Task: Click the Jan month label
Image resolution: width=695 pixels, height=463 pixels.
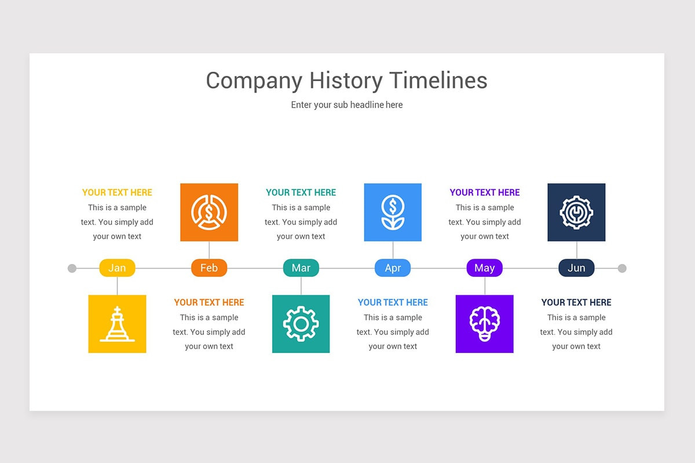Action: (117, 268)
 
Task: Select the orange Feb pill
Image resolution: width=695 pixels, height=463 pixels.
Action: (209, 268)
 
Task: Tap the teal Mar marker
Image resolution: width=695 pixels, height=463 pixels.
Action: (301, 268)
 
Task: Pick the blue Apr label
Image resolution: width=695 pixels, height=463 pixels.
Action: (393, 268)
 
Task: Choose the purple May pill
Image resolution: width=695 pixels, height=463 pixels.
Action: (484, 268)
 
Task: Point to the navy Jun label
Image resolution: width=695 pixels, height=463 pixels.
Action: (576, 268)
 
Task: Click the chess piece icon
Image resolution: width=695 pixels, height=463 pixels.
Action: (117, 324)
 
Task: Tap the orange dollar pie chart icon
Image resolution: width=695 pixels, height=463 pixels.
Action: (209, 212)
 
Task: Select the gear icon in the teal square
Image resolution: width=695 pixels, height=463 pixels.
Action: (301, 324)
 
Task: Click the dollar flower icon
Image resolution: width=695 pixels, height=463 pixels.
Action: (393, 212)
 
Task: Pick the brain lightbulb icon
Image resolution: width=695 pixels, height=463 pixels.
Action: (484, 324)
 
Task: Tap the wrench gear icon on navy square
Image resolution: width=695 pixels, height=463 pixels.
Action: (576, 212)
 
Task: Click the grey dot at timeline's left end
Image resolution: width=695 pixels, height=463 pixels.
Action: (72, 268)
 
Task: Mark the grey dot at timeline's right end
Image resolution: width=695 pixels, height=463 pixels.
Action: (622, 268)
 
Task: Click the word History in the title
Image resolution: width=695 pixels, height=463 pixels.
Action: (346, 80)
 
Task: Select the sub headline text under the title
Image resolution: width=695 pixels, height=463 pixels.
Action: (347, 105)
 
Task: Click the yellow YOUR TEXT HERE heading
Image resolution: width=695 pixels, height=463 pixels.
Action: (117, 193)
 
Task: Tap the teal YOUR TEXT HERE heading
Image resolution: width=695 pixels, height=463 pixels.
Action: (301, 193)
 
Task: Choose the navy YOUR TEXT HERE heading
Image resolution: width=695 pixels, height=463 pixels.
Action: (576, 302)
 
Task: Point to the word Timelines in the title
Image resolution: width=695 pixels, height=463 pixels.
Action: (438, 80)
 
